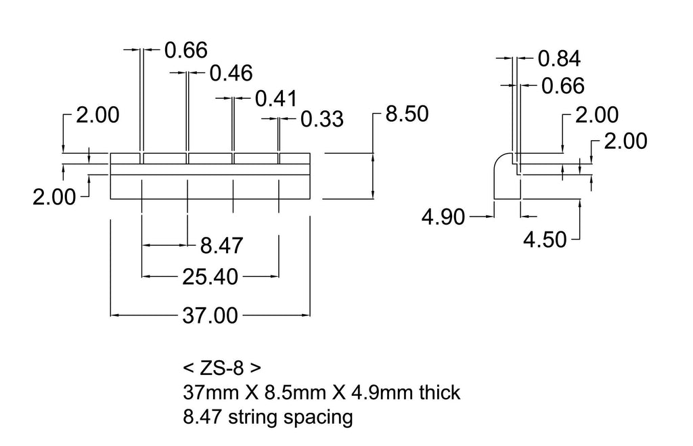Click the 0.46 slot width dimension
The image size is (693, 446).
coord(231,73)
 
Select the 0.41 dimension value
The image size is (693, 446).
coord(277,99)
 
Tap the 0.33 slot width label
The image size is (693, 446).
coord(322,119)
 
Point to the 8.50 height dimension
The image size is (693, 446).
coord(407,114)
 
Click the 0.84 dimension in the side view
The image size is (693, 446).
coord(559,59)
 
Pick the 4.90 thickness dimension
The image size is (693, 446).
coord(443,217)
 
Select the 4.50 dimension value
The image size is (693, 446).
coord(545,240)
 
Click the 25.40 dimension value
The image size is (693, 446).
coord(210,277)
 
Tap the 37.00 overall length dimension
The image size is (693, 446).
coord(210,316)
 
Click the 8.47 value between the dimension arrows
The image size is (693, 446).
coord(222,246)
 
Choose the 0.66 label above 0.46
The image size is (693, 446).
coord(186,50)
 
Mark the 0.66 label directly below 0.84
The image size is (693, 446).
coord(563,86)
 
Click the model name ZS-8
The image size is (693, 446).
coord(222,367)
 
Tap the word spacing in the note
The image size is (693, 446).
coord(318,418)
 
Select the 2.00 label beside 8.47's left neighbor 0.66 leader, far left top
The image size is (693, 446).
coord(97,115)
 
